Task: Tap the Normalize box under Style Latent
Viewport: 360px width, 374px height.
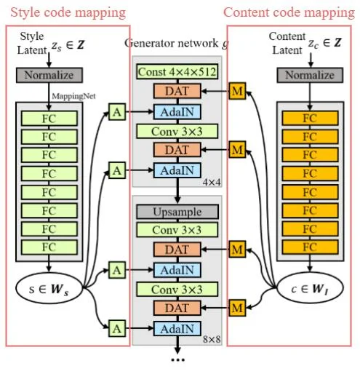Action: point(49,75)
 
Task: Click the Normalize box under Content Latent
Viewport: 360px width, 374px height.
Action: point(308,75)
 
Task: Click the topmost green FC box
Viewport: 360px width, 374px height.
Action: point(49,116)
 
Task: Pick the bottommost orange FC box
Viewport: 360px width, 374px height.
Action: point(308,247)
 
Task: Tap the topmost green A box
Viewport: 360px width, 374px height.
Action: point(116,111)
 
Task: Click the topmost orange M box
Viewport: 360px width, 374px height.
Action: point(236,91)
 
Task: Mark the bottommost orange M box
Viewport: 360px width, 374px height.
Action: point(236,307)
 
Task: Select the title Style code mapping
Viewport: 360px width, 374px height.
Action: point(67,12)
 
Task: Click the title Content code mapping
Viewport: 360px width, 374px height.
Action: point(289,12)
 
